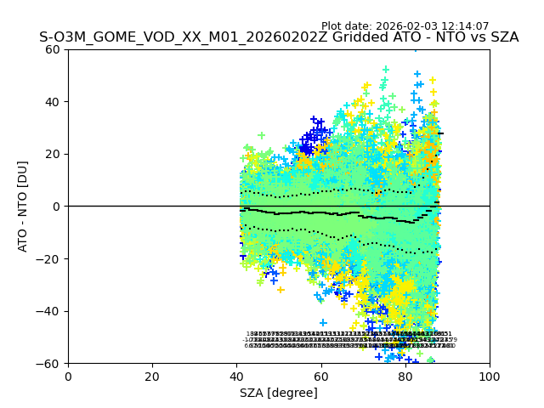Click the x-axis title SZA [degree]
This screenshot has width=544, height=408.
point(279,393)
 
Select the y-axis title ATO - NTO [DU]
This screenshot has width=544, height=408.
point(23,207)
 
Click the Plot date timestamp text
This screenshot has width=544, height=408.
point(405,26)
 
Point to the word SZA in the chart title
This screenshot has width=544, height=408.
point(501,37)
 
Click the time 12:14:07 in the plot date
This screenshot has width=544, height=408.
point(463,26)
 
